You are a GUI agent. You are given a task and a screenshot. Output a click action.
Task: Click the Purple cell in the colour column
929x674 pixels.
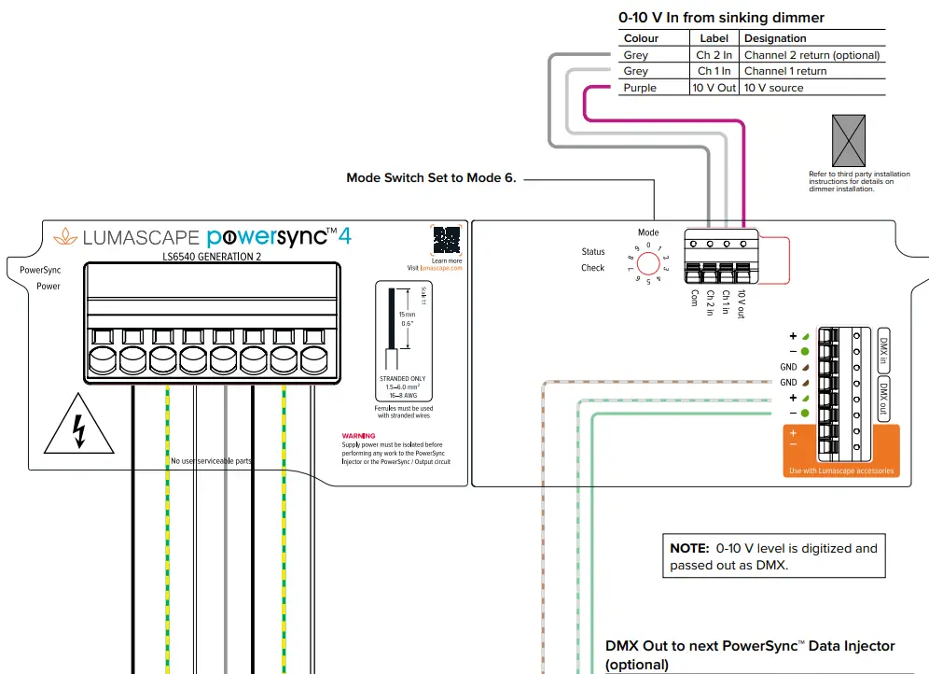[x=640, y=88]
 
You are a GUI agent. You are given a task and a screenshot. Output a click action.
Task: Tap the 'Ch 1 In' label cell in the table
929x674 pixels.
[x=714, y=71]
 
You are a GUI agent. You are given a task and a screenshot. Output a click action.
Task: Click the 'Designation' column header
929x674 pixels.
[x=775, y=38]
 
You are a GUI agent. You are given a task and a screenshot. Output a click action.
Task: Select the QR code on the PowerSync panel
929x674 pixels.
[x=446, y=239]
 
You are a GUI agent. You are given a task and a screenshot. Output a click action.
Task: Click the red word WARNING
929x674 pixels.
[x=358, y=436]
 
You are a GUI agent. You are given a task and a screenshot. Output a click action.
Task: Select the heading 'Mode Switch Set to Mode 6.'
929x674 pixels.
[x=431, y=177]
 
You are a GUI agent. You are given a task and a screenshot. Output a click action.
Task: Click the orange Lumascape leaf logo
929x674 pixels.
[x=65, y=236]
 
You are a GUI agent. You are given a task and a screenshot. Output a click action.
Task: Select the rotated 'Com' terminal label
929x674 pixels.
[x=694, y=298]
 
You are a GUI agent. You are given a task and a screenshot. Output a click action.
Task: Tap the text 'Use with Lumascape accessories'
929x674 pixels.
[x=840, y=470]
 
